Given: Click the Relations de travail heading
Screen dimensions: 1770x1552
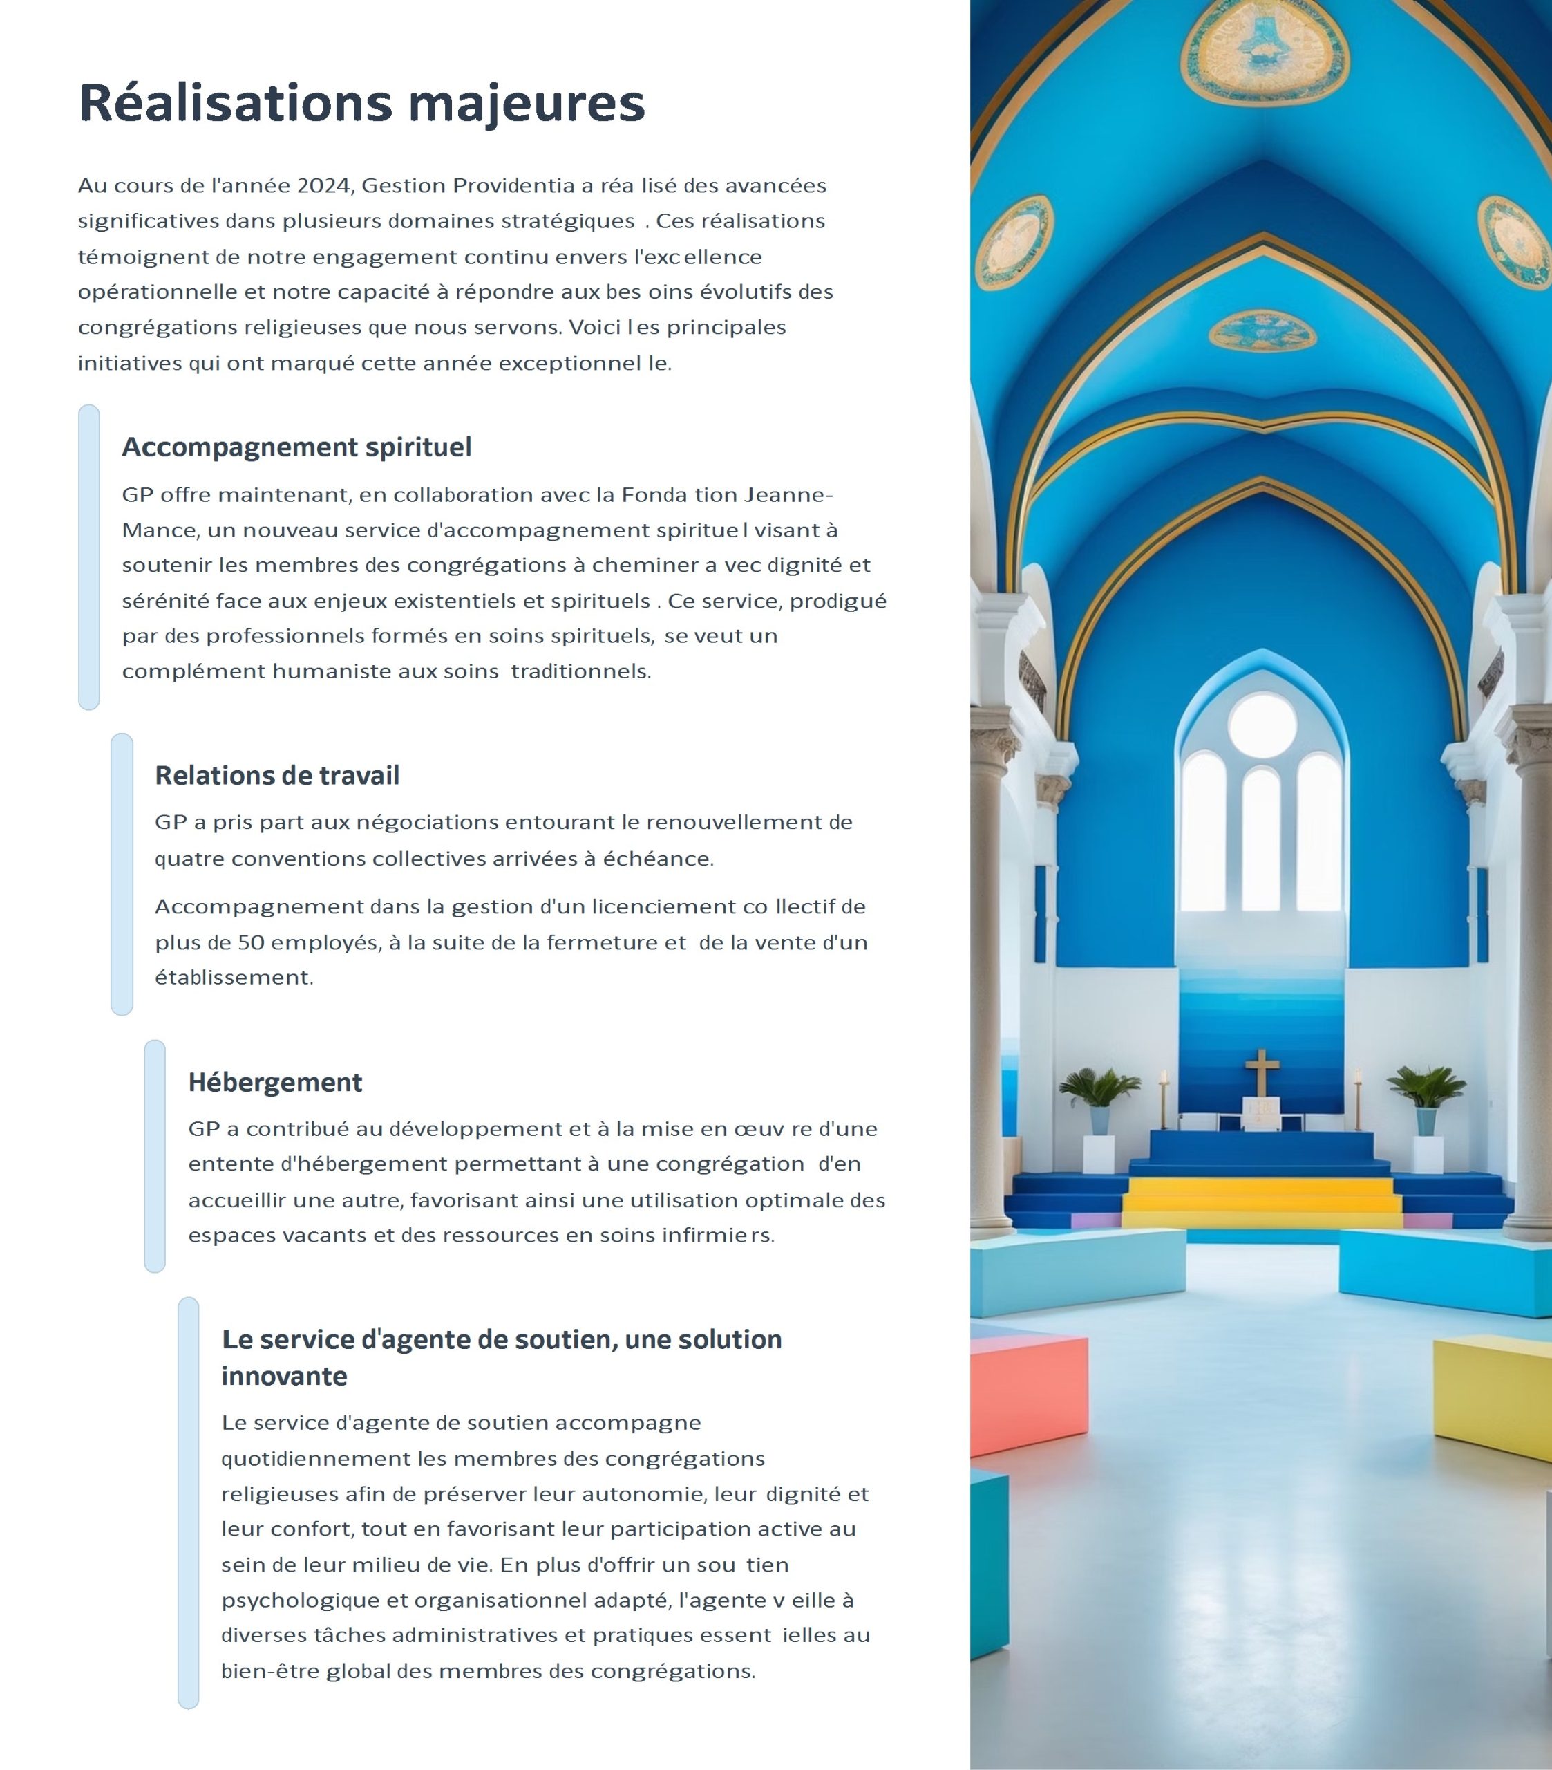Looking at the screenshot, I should coord(277,776).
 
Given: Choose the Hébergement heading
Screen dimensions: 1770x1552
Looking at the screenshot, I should coord(275,1083).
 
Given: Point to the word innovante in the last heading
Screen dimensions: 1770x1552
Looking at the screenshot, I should coord(284,1377).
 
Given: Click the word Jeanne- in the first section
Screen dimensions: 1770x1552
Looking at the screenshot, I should coord(788,495).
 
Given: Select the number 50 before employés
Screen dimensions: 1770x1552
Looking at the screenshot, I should coord(250,943).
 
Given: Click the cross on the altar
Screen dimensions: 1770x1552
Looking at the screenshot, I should coord(1262,1072).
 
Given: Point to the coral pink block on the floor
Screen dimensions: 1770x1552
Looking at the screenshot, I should coord(1028,1394).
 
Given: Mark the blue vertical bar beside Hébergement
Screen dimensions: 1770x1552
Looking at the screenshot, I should coord(155,1156).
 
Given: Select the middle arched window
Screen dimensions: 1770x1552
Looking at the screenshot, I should coord(1261,838).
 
